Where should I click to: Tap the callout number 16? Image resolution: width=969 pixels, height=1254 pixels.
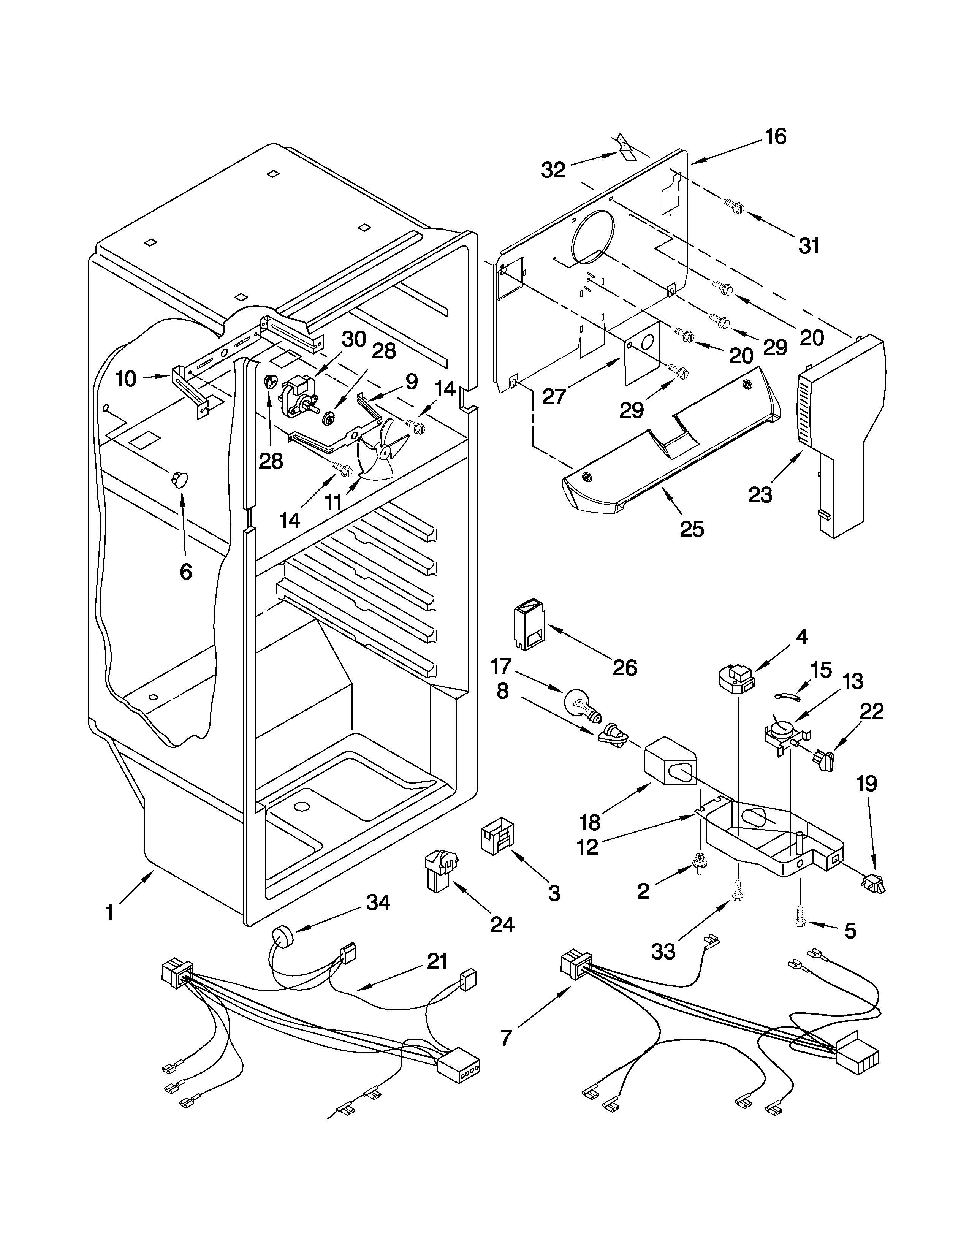click(776, 137)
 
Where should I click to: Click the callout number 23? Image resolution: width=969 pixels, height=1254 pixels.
click(760, 494)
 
